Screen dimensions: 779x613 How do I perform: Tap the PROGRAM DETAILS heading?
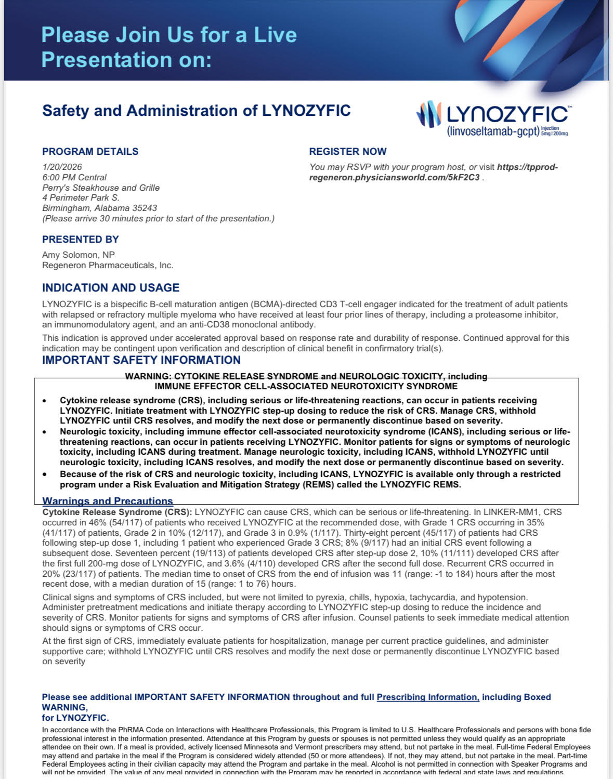(90, 151)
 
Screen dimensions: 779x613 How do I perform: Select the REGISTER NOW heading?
(347, 151)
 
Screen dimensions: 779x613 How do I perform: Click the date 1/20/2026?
(62, 167)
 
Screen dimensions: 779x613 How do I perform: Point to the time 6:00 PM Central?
(74, 177)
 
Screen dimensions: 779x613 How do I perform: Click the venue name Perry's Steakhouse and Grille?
(101, 188)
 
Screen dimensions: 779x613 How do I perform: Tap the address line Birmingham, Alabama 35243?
(99, 208)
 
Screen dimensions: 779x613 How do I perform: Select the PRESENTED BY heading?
(80, 239)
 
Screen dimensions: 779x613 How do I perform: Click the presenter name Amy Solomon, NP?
(79, 255)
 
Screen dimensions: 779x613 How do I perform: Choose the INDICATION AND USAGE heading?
(110, 287)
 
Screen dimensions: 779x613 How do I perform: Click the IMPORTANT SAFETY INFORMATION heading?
(141, 360)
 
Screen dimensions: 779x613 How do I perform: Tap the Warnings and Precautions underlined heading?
(107, 500)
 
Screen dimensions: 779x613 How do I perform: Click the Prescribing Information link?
(427, 697)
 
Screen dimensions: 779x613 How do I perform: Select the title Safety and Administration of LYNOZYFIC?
(196, 111)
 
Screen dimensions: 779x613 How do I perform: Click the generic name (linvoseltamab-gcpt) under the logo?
(492, 131)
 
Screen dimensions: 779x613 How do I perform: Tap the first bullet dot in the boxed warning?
(45, 401)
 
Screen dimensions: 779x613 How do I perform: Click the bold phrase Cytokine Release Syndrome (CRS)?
(117, 512)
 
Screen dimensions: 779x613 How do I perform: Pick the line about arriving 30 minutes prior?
(158, 218)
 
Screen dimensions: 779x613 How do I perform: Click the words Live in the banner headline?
(275, 35)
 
